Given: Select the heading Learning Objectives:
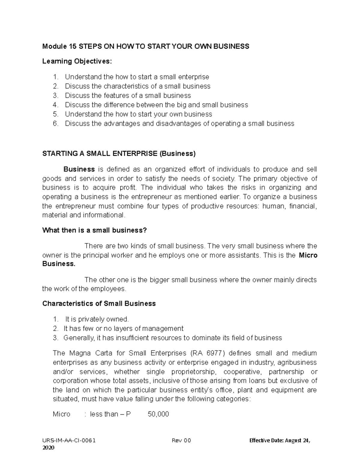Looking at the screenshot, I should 77,61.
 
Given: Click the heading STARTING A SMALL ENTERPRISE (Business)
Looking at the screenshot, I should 119,154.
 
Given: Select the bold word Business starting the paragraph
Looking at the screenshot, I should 79,169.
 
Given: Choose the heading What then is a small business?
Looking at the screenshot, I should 94,230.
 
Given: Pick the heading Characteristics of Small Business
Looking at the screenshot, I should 99,303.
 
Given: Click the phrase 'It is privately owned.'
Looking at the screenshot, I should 97,319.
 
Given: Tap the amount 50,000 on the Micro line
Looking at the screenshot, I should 158,414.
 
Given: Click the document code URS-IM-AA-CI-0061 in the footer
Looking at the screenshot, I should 69,441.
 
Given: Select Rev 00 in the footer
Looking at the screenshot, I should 181,441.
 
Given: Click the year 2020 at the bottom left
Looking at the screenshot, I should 48,448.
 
